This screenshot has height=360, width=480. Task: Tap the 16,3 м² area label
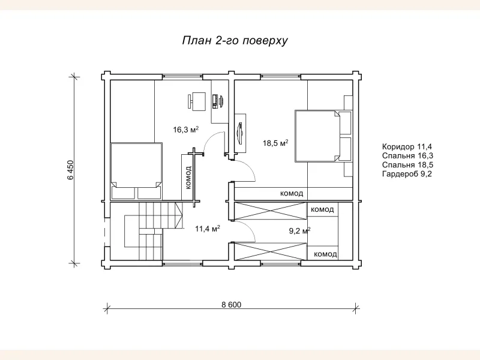[x=185, y=130]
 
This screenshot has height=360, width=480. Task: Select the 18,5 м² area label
[x=275, y=143]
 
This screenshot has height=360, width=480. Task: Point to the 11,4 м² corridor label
[x=207, y=228]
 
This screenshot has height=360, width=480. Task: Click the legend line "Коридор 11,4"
[x=407, y=146]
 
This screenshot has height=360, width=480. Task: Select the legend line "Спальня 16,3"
[x=407, y=155]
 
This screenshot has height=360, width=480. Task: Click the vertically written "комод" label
[x=188, y=178]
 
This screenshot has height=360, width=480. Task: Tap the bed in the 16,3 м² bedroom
[x=136, y=170]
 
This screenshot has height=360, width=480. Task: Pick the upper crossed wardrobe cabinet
[x=271, y=212]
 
